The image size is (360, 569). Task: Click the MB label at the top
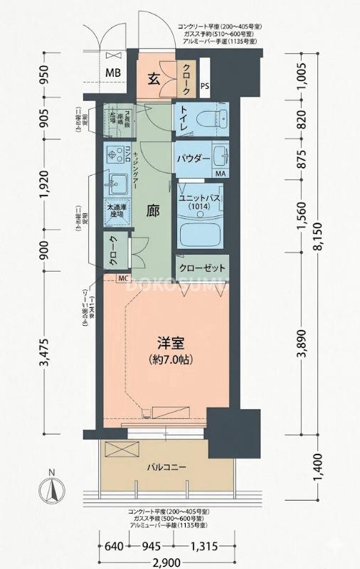113,73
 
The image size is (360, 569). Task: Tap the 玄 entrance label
153,78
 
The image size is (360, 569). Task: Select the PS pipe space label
205,87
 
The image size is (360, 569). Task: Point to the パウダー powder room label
194,157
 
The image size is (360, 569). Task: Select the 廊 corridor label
153,211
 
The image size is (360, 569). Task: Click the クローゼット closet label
202,268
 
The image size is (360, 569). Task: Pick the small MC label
122,278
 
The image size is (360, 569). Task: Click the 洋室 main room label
171,343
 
